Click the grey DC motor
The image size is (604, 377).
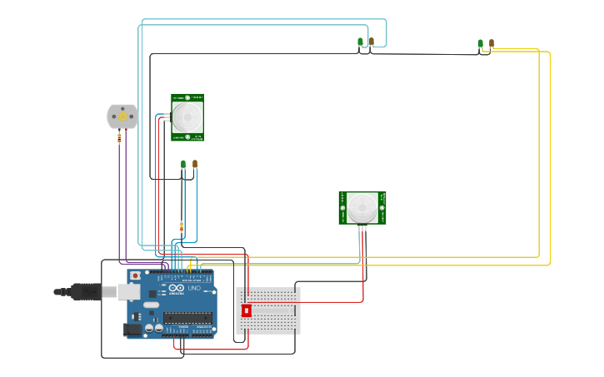tap(122, 117)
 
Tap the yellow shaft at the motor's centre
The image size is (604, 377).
tap(122, 117)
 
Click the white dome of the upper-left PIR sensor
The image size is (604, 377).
tap(187, 117)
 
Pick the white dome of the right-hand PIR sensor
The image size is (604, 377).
tap(362, 206)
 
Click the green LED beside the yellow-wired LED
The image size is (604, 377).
tap(480, 43)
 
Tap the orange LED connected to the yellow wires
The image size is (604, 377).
tap(492, 42)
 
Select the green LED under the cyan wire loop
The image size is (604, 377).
tap(360, 42)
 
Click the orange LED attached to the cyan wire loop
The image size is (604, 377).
tap(371, 41)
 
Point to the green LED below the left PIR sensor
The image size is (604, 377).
tap(183, 165)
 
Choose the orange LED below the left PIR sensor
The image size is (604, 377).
tap(195, 164)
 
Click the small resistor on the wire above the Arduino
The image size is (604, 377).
tap(182, 226)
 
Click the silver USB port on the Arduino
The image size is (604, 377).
tap(128, 291)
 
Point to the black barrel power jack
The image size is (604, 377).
tap(131, 329)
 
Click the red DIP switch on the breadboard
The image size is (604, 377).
tap(246, 310)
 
